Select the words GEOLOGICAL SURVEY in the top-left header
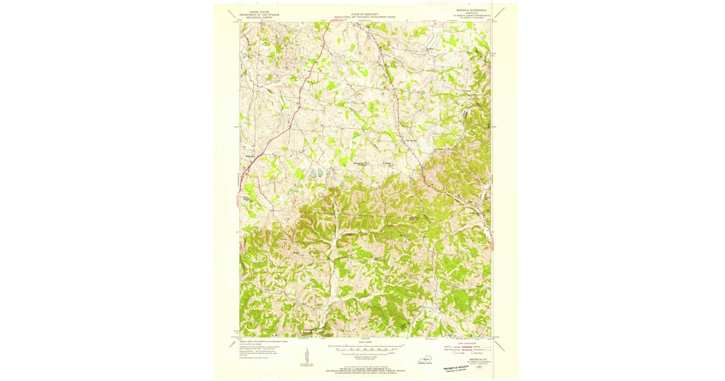coord(256,16)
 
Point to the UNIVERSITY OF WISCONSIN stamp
coord(454,367)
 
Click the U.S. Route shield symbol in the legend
coord(447,353)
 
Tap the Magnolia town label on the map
coord(251,155)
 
